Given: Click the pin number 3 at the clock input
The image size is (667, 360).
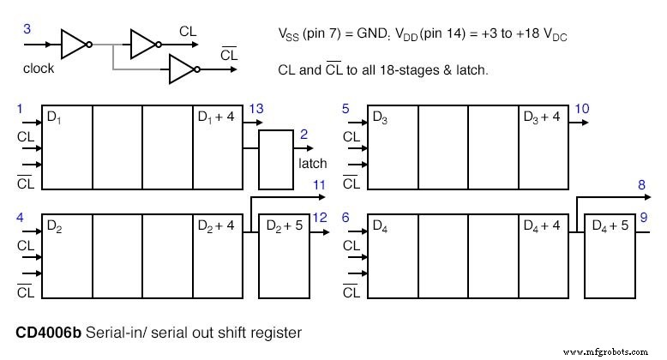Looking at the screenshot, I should tap(27, 29).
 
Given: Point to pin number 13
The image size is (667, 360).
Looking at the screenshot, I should tap(255, 108).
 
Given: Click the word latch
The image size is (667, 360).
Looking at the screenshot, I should tap(313, 162).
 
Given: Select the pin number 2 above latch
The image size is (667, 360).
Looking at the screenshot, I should tap(303, 135).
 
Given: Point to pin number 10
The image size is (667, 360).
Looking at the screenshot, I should tap(582, 108).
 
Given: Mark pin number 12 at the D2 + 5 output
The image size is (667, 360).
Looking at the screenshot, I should tap(321, 217).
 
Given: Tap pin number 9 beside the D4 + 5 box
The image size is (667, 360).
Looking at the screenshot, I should tap(644, 217).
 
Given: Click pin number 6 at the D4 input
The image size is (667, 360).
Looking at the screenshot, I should tap(346, 218).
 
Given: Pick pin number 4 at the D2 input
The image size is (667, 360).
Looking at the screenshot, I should tap(20, 218).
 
